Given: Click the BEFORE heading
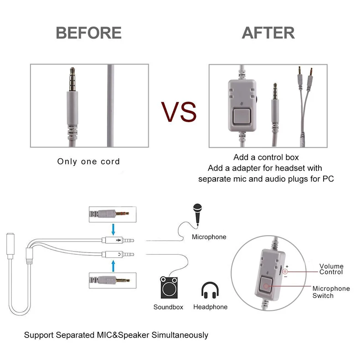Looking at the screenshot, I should coord(88,33).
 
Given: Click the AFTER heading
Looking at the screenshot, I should coord(268,33).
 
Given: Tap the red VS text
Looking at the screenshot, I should coord(179,111).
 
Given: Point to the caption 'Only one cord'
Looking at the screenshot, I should coord(88,161).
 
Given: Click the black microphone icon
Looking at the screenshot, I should coord(197,213).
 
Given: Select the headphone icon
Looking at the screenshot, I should coord(210,289).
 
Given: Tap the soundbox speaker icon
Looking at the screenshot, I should coord(169,288).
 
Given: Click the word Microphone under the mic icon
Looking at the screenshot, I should coord(209,237).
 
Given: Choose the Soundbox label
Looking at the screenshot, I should coord(168,307).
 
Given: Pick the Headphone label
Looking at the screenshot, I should coord(210,307).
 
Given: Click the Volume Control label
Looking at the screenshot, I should coord(331,269).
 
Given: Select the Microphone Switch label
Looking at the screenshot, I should coord(331,292).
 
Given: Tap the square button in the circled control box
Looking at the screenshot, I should coord(267,287).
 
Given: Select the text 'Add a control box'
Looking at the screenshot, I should coord(266,158).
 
